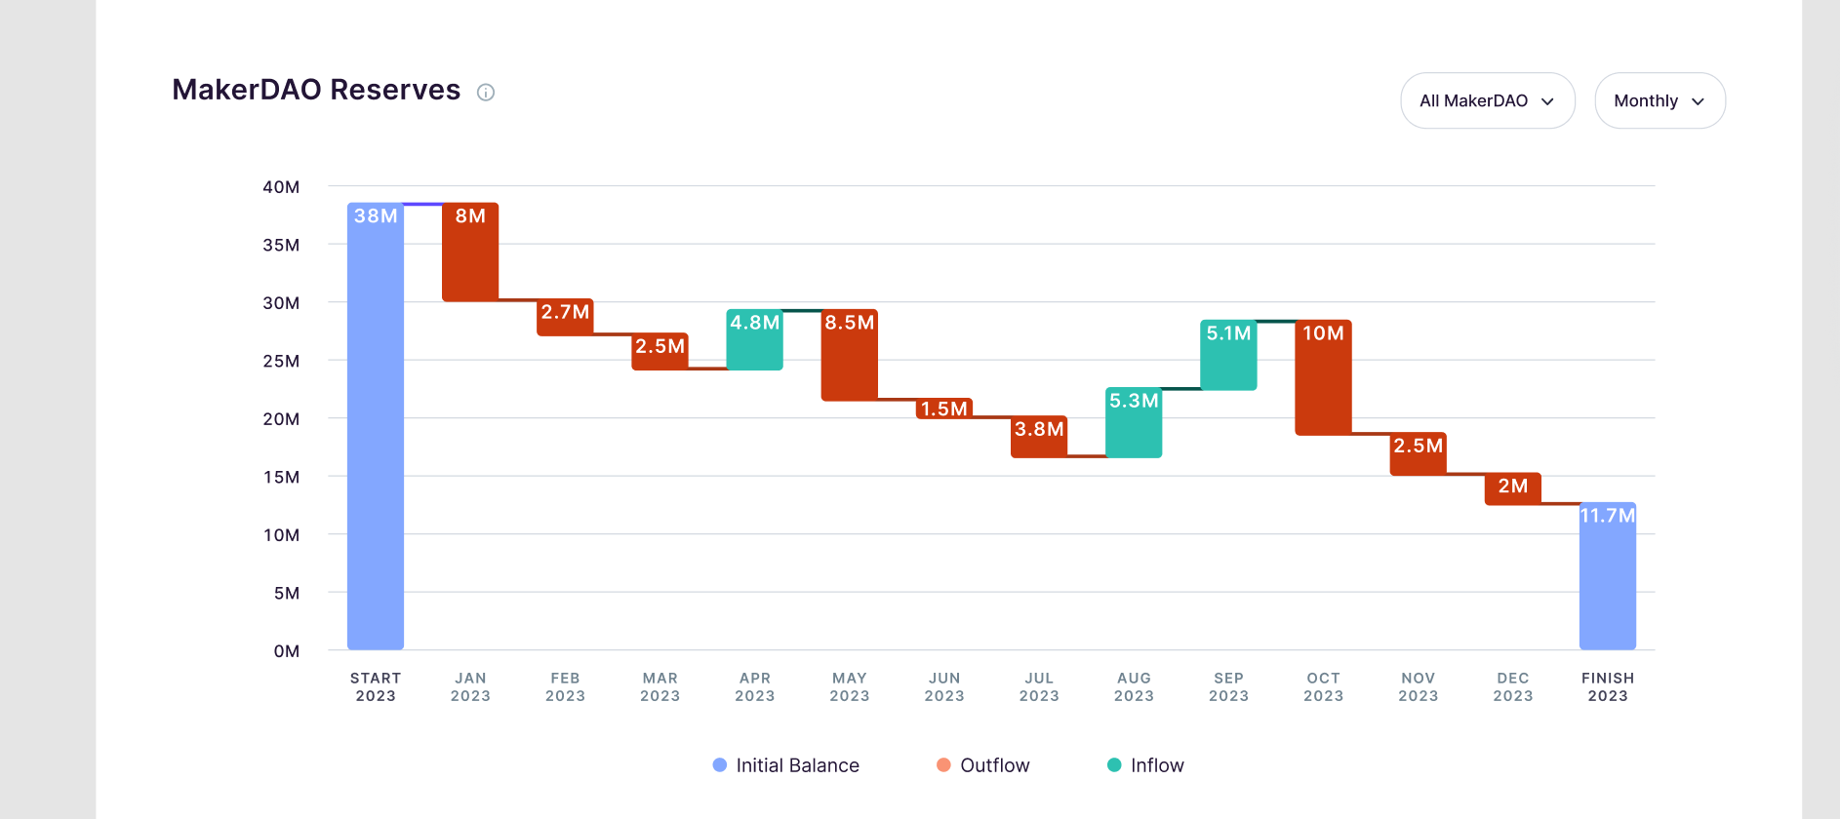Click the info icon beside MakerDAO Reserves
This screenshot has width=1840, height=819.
pos(486,93)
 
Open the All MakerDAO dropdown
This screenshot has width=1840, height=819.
pos(1487,100)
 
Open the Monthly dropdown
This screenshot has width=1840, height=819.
pos(1659,100)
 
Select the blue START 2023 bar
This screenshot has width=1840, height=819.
pos(376,429)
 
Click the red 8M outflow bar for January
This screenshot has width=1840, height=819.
pos(470,253)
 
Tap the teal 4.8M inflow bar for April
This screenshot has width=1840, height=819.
pos(754,341)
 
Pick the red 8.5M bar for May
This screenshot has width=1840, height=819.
pos(849,357)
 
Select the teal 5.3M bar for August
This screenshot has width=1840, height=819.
pos(1134,424)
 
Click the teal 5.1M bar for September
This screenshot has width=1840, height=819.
pos(1228,357)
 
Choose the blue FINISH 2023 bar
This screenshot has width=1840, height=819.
pos(1608,577)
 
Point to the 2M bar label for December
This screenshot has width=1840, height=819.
pos(1513,486)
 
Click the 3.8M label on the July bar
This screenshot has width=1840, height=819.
pos(1039,429)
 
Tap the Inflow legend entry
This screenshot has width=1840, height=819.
pos(1146,765)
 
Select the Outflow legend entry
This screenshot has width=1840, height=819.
pos(983,765)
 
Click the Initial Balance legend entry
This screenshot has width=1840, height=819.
pos(786,765)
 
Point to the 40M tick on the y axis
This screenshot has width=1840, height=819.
pos(281,187)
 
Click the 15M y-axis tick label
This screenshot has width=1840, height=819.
pos(281,477)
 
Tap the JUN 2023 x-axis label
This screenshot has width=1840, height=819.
pos(944,686)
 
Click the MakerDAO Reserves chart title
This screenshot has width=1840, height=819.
pos(316,90)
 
